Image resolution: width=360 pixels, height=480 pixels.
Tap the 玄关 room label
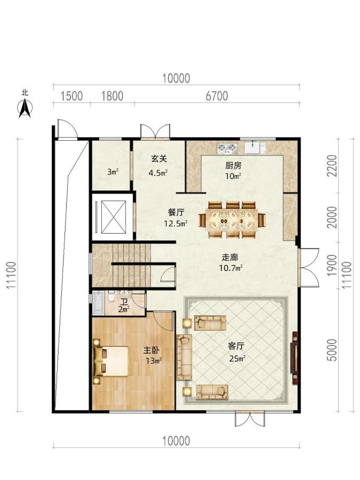[x=159, y=158]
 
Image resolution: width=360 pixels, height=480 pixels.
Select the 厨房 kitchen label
[x=233, y=166]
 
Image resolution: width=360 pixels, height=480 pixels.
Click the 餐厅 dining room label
[x=176, y=212]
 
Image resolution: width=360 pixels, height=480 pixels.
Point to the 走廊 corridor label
[x=230, y=258]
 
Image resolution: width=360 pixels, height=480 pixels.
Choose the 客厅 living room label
[x=236, y=346]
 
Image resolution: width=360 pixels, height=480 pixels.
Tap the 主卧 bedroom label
[x=151, y=350]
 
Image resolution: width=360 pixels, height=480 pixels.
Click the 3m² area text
[x=113, y=172]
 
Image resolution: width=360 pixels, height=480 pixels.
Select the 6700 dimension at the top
[x=217, y=96]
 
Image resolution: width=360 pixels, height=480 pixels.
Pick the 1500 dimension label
[x=71, y=96]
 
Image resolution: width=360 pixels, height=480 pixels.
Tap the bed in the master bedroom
[x=111, y=361]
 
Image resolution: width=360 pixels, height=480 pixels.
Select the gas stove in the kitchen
[x=227, y=148]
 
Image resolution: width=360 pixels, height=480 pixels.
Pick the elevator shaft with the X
[x=113, y=217]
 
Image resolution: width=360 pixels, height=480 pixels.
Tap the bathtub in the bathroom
[x=98, y=303]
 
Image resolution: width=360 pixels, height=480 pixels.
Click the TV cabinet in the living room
[x=294, y=358]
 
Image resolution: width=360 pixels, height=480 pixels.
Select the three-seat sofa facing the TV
[x=185, y=357]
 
